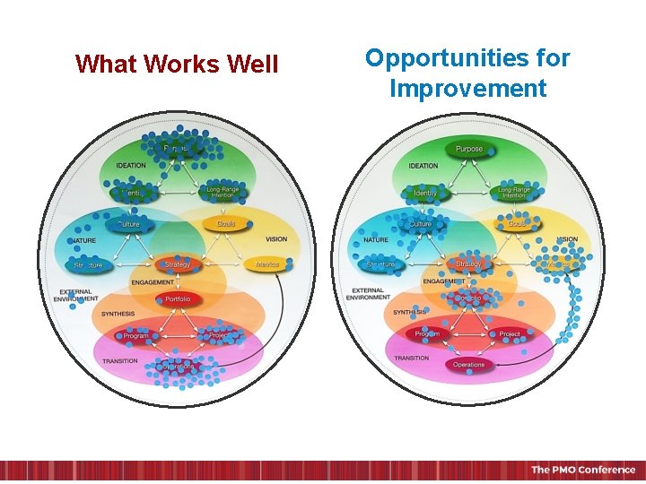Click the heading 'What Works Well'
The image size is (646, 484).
(177, 65)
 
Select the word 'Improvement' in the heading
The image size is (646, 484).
(467, 89)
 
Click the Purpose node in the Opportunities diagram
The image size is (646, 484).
(468, 149)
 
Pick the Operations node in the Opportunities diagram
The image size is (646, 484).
(468, 365)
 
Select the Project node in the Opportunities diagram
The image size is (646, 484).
(510, 334)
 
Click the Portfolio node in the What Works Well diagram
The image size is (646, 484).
(178, 299)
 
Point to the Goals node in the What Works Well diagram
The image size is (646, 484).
(225, 223)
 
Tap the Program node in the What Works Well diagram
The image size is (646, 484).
(136, 336)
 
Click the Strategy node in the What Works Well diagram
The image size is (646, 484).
(178, 265)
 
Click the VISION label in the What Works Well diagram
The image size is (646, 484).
(275, 239)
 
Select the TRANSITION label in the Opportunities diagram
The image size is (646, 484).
(411, 358)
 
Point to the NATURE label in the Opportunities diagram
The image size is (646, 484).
(376, 240)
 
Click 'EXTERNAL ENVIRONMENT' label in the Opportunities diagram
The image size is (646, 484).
(367, 294)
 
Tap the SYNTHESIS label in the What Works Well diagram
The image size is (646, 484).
(118, 314)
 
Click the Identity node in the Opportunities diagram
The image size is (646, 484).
(425, 193)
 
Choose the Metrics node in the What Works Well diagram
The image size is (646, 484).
(267, 265)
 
